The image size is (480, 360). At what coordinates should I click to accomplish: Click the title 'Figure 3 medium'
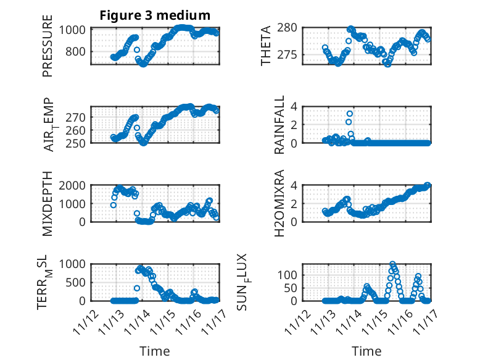tap(155, 15)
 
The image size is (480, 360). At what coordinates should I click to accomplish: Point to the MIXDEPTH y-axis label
tap(48, 203)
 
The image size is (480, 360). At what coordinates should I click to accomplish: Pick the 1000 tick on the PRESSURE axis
tap(76, 30)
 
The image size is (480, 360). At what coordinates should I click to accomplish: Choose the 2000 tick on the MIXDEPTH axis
tap(76, 185)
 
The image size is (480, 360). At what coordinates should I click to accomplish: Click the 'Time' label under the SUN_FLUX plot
tap(366, 351)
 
